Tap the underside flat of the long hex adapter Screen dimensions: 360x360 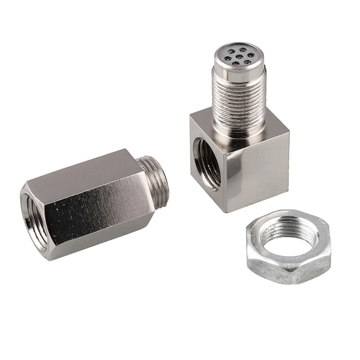[105, 243]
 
